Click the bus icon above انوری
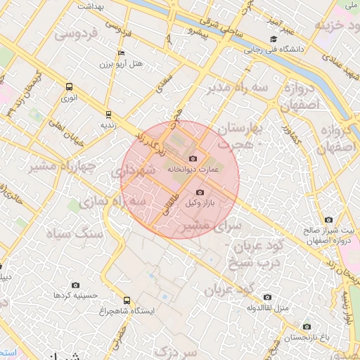(68, 86)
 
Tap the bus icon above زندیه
(108, 113)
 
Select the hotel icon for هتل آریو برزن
(122, 53)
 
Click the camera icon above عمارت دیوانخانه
(193, 159)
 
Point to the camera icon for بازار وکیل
(200, 192)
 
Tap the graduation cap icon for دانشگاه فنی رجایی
(273, 39)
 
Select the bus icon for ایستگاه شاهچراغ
(127, 300)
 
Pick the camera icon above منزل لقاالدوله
(266, 297)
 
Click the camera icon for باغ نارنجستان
(306, 326)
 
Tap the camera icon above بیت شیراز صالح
(330, 220)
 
